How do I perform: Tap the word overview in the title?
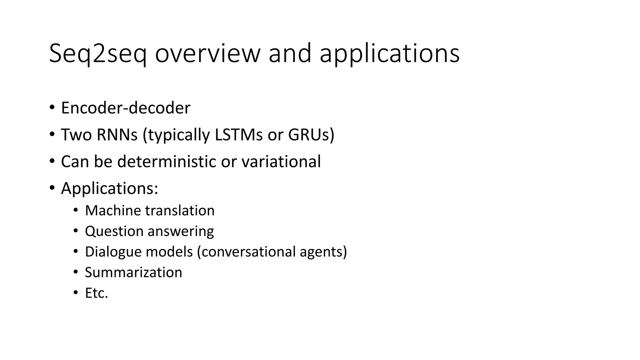[x=207, y=54]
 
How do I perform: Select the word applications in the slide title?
[x=389, y=54]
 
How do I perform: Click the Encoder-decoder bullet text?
[x=126, y=108]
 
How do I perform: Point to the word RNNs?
[x=117, y=135]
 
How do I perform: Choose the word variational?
[x=281, y=162]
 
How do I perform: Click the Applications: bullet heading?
[x=110, y=188]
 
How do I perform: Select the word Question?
[x=114, y=232]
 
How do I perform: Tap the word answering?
[x=181, y=232]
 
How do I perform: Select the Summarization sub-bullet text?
[x=133, y=272]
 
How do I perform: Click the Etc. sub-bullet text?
[x=96, y=293]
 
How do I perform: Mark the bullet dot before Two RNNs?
[x=52, y=135]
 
